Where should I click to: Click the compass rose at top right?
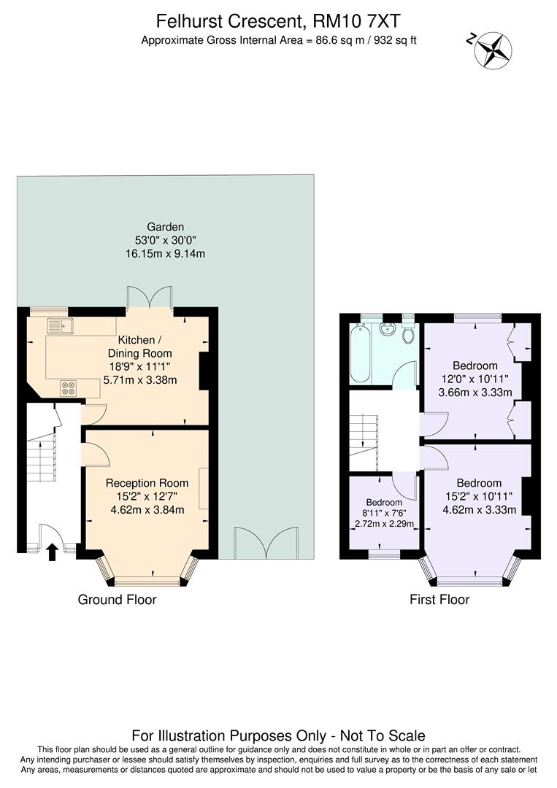pyautogui.click(x=493, y=49)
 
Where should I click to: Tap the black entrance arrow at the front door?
pyautogui.click(x=52, y=551)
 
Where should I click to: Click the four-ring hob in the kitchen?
pyautogui.click(x=69, y=388)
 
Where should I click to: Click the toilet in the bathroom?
pyautogui.click(x=408, y=334)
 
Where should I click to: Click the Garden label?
pyautogui.click(x=166, y=227)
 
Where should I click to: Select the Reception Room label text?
pyautogui.click(x=147, y=483)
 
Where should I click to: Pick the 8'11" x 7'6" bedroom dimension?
pyautogui.click(x=384, y=513)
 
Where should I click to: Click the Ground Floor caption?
pyautogui.click(x=117, y=600)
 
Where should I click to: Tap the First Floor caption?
pyautogui.click(x=439, y=600)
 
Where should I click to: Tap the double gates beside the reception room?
pyautogui.click(x=265, y=542)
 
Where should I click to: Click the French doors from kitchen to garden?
pyautogui.click(x=150, y=299)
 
